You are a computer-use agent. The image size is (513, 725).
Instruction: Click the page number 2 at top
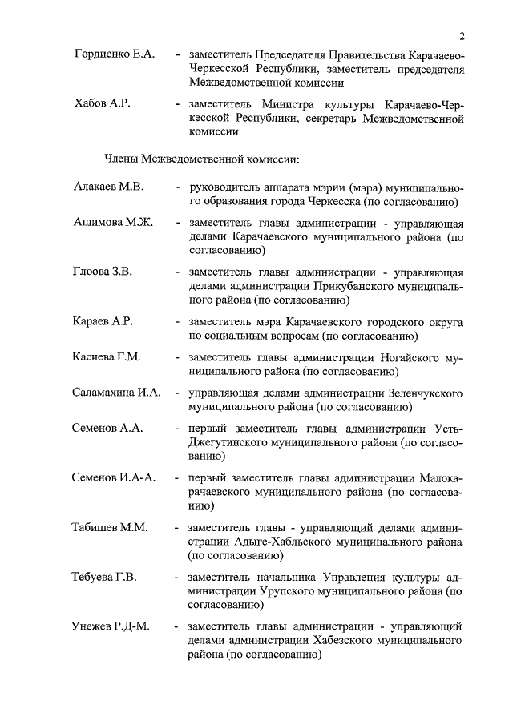(463, 35)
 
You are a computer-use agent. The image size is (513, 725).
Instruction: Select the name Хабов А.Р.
(100, 105)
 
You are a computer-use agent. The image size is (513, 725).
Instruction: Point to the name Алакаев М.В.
(108, 187)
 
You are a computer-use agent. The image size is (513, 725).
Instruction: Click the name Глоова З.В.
(103, 272)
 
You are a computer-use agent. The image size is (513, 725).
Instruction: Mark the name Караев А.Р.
(102, 321)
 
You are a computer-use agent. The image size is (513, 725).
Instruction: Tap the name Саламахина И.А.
(117, 393)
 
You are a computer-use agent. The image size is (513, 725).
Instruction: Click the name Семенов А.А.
(107, 429)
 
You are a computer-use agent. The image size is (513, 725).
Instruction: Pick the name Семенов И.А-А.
(114, 478)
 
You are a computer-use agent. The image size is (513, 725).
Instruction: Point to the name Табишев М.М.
(108, 527)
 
